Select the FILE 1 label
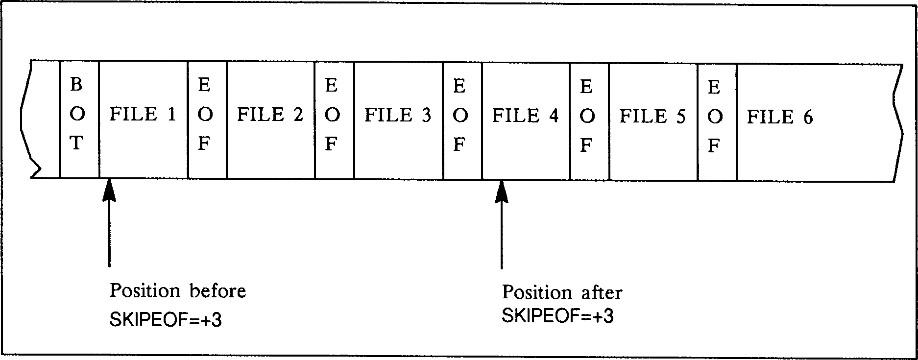[x=143, y=115]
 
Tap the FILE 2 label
[x=270, y=115]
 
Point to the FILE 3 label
[x=398, y=116]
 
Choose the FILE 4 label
[x=525, y=116]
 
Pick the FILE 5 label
[x=652, y=117]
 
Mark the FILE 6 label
[x=780, y=118]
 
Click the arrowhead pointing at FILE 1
[x=109, y=191]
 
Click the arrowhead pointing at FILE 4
[x=502, y=192]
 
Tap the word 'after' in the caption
[x=600, y=293]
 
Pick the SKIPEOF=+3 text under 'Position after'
[x=557, y=316]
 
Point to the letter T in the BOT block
[x=76, y=144]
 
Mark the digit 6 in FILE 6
[x=807, y=118]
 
